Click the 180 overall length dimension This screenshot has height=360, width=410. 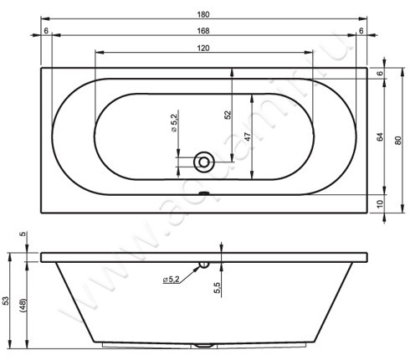point(203,14)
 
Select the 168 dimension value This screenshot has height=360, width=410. point(203,31)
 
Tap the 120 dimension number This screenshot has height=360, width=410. point(203,49)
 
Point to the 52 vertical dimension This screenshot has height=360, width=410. point(228,115)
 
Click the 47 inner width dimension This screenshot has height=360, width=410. point(248,136)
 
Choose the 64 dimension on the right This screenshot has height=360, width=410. point(380,137)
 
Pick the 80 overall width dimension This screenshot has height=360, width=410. point(398,140)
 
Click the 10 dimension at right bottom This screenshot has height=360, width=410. point(380,204)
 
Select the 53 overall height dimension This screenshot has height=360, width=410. point(6,301)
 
